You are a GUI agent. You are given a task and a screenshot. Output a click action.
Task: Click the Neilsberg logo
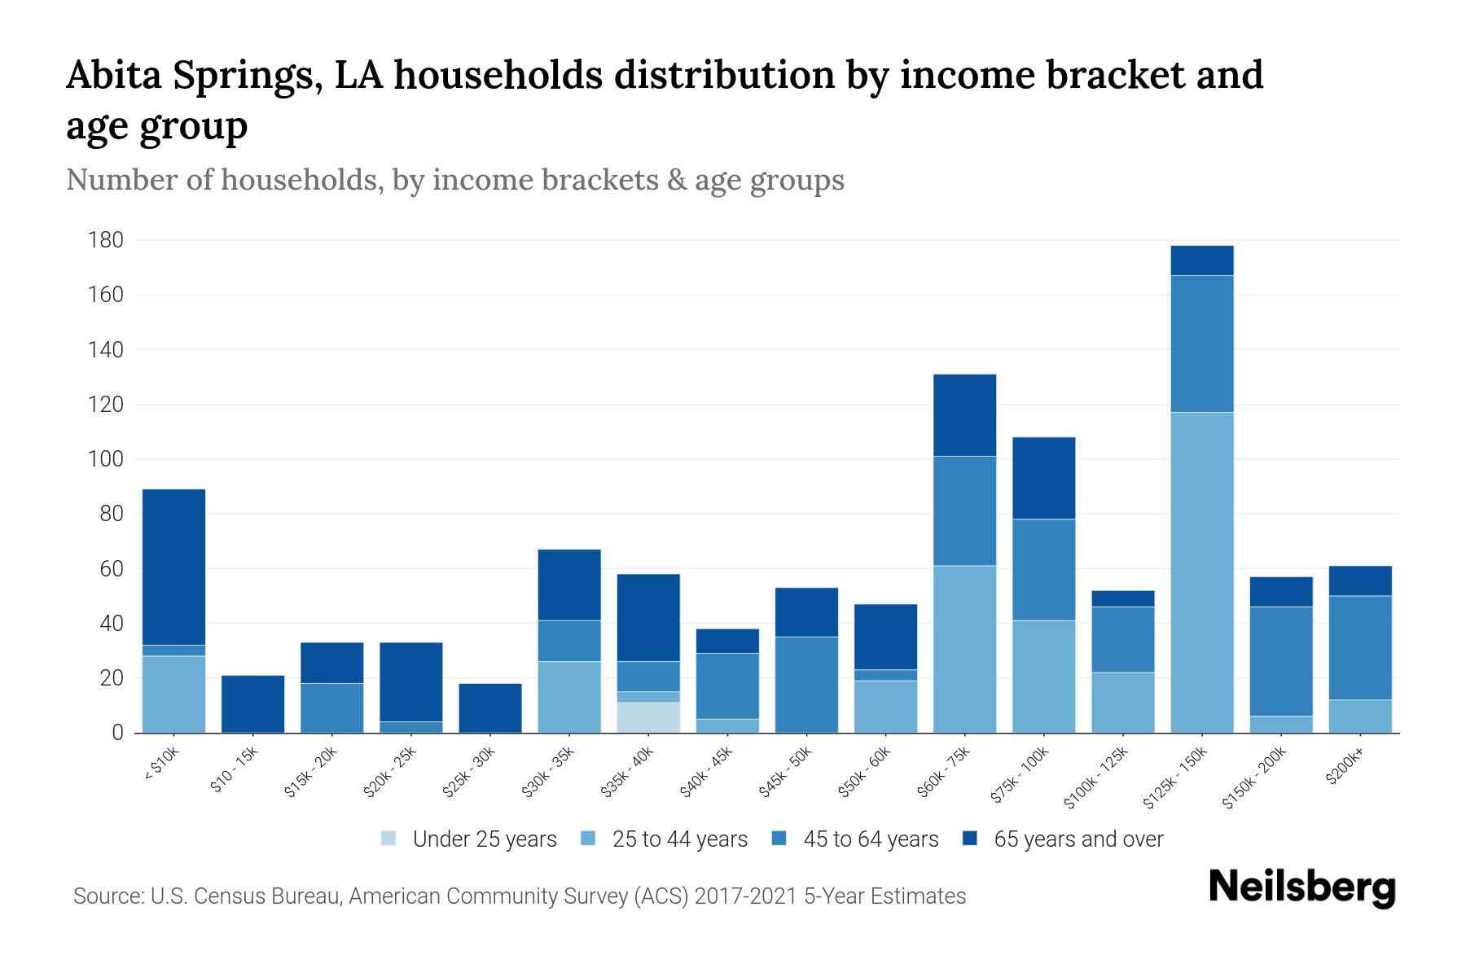(1301, 887)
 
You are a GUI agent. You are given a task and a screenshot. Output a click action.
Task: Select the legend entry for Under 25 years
(470, 839)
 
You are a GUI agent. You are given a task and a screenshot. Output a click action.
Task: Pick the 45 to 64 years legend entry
(855, 839)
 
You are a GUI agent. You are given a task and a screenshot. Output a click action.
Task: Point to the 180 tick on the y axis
(107, 240)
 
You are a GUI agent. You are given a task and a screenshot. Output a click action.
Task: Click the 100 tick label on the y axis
(107, 459)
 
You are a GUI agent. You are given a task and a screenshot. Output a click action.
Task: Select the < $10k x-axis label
(163, 767)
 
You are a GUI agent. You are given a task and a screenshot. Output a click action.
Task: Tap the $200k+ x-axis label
(1344, 769)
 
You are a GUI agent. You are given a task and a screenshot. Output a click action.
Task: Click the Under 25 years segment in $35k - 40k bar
(648, 717)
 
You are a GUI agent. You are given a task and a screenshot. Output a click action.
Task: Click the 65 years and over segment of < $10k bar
(173, 567)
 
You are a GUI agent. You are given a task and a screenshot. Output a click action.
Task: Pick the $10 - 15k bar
(252, 704)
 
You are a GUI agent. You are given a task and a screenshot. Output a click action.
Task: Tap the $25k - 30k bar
(490, 708)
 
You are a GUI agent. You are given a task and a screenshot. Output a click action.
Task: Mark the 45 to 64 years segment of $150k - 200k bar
(1280, 661)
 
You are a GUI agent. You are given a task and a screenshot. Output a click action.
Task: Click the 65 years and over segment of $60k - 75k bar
(964, 415)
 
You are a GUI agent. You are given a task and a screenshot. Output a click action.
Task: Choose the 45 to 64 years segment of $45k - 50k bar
(806, 685)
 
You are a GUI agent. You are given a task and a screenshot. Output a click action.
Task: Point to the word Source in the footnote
(107, 896)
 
